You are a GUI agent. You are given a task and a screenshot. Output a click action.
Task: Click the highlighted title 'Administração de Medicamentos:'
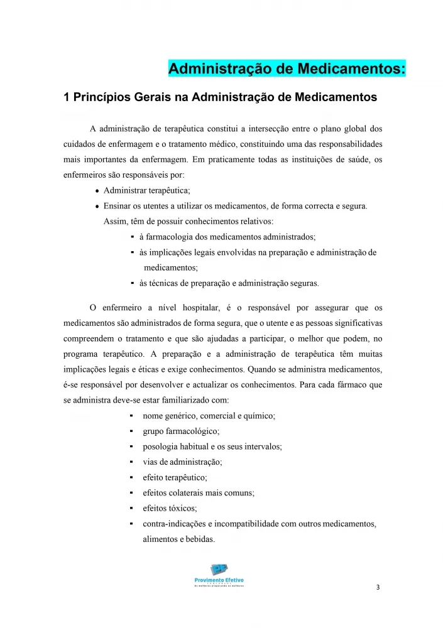pos(287,68)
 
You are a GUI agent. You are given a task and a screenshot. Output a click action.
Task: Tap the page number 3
pos(377,588)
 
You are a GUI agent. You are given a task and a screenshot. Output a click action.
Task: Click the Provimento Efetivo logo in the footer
pos(219,573)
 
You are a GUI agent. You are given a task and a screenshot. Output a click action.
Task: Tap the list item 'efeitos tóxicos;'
pos(170,508)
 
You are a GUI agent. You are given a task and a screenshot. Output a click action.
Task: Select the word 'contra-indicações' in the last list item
pos(173,524)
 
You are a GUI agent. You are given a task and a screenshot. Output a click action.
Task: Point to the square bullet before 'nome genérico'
pos(129,416)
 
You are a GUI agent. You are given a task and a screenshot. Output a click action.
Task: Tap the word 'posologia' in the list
pos(161,447)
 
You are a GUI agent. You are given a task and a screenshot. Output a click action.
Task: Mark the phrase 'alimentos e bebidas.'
pos(179,539)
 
